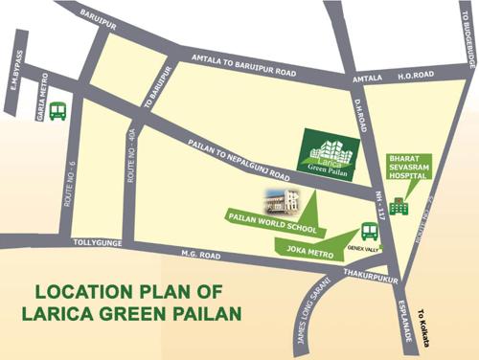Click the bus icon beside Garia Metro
point(58,112)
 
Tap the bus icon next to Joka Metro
point(369,232)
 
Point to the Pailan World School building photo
point(282,199)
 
